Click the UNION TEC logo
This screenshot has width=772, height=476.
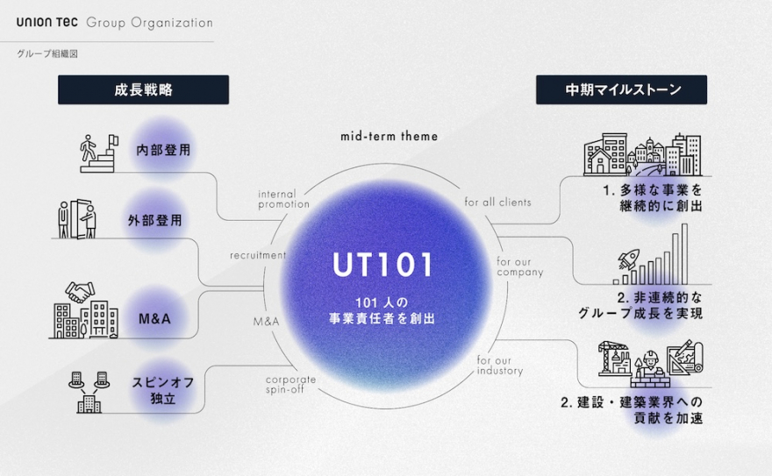tap(47, 22)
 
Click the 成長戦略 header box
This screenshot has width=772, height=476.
tap(143, 89)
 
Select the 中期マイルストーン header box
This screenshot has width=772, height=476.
tap(621, 89)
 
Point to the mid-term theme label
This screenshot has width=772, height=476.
tap(389, 137)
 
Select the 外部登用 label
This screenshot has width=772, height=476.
tap(154, 220)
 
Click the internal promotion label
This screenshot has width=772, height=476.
tap(283, 198)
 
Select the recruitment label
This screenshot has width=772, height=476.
tap(258, 256)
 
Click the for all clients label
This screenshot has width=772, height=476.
tap(497, 202)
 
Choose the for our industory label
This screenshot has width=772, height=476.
tap(499, 366)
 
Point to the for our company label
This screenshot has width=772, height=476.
tap(519, 266)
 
